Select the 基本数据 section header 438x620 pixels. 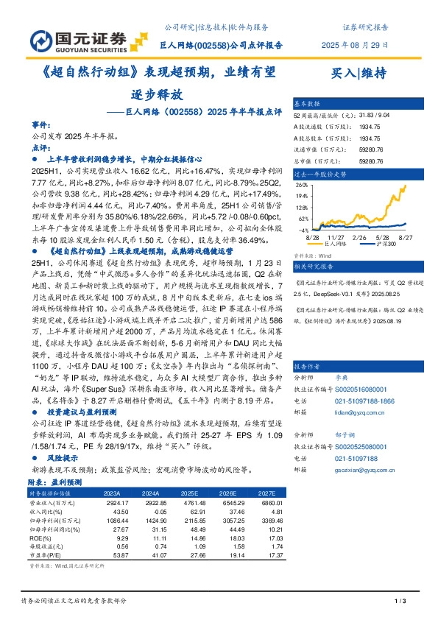[x=308, y=104]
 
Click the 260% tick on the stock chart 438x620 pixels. [x=302, y=186]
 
